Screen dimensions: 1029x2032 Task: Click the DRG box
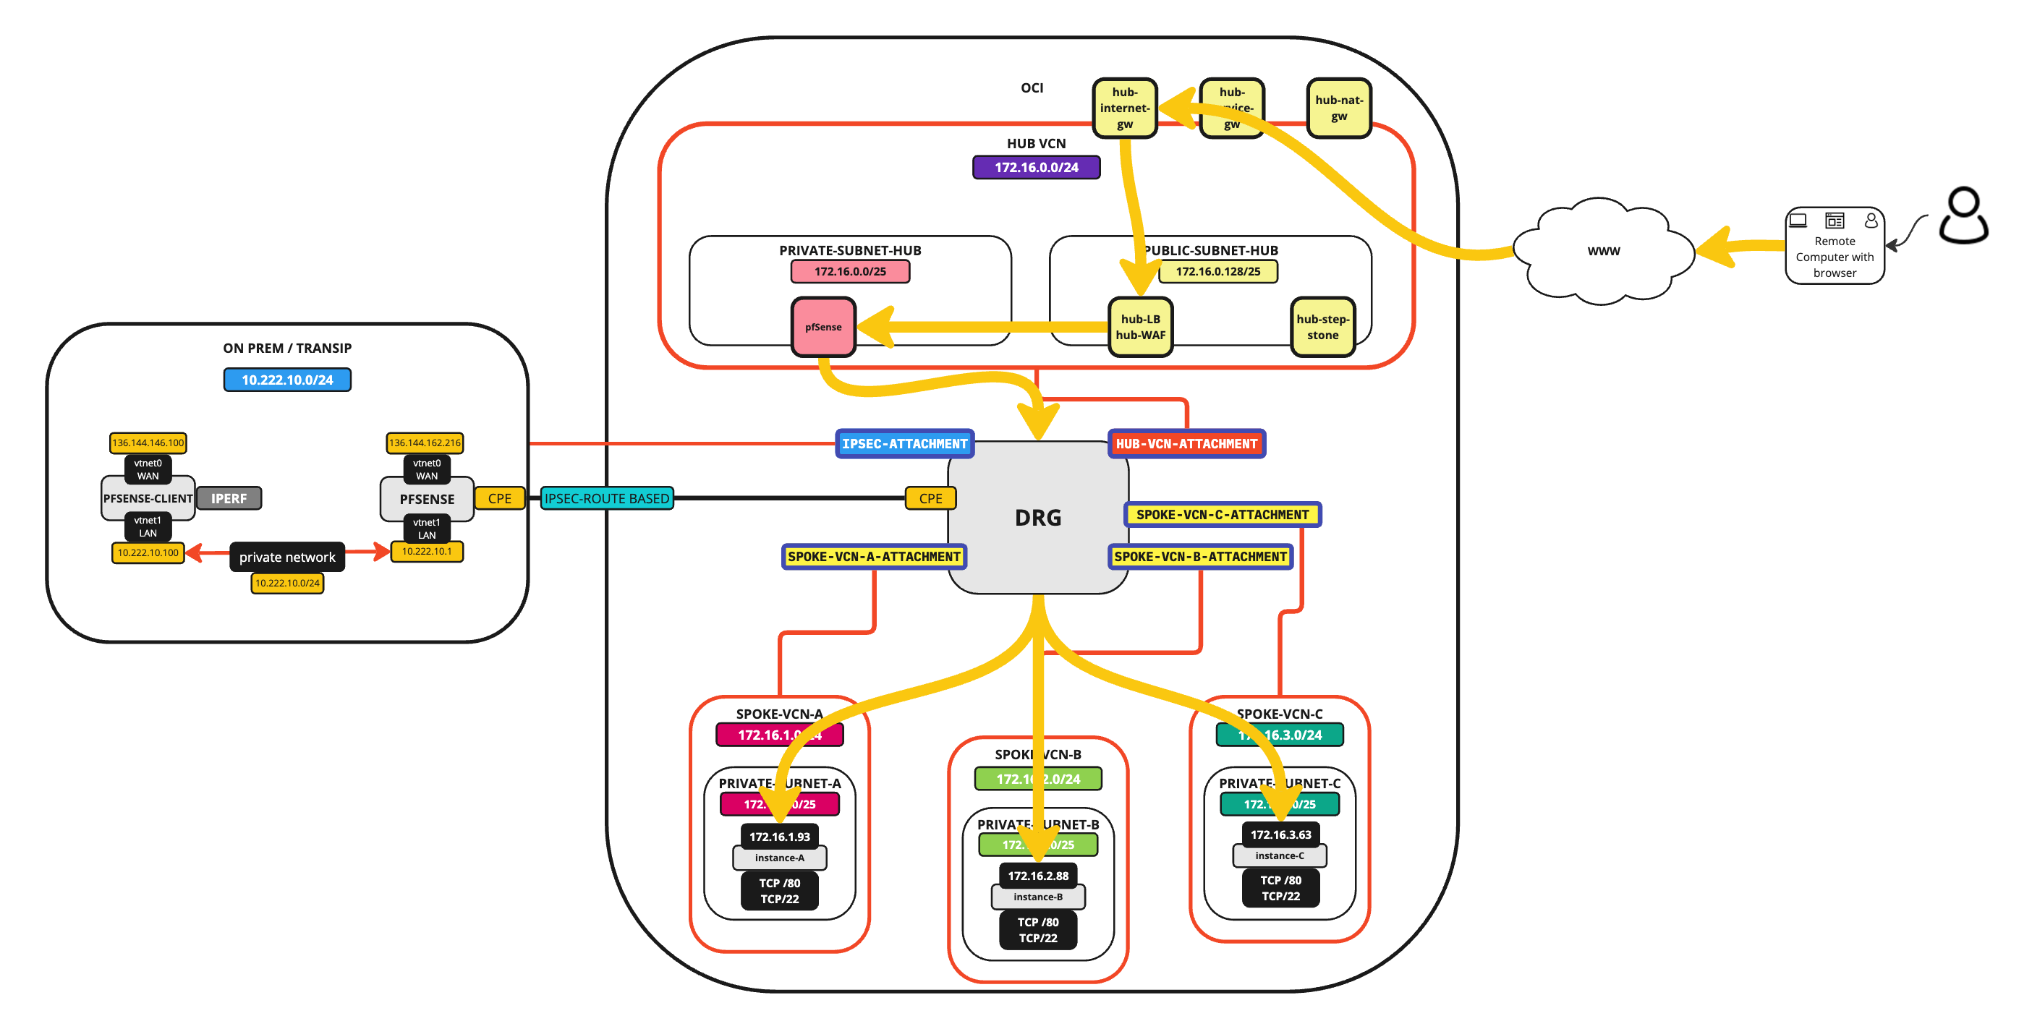pyautogui.click(x=1037, y=517)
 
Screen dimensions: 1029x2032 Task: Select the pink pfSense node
pyautogui.click(x=822, y=326)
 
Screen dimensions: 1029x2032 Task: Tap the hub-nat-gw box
pyautogui.click(x=1338, y=108)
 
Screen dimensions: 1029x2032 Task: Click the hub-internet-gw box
pyautogui.click(x=1124, y=108)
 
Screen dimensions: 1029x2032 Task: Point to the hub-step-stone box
pyautogui.click(x=1322, y=326)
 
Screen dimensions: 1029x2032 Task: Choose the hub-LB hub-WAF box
pyautogui.click(x=1140, y=326)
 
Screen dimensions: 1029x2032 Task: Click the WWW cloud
pyautogui.click(x=1603, y=251)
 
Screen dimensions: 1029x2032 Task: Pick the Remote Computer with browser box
pyautogui.click(x=1834, y=246)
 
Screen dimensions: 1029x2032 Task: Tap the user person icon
pyautogui.click(x=1963, y=215)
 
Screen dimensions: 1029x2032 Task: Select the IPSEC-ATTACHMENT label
pyautogui.click(x=904, y=444)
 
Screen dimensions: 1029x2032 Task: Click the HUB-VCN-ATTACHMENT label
pyautogui.click(x=1186, y=444)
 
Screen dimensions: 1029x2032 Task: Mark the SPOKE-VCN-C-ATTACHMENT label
pyautogui.click(x=1222, y=515)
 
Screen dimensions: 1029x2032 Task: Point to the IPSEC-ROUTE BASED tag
pyautogui.click(x=607, y=498)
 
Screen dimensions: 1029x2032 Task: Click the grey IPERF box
pyautogui.click(x=229, y=498)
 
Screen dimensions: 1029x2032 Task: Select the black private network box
pyautogui.click(x=287, y=557)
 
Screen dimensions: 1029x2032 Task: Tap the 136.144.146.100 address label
pyautogui.click(x=148, y=443)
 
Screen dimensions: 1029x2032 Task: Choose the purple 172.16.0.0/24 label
pyautogui.click(x=1036, y=167)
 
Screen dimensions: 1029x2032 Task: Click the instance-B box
pyautogui.click(x=1037, y=897)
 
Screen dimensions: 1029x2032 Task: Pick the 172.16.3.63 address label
pyautogui.click(x=1280, y=834)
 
